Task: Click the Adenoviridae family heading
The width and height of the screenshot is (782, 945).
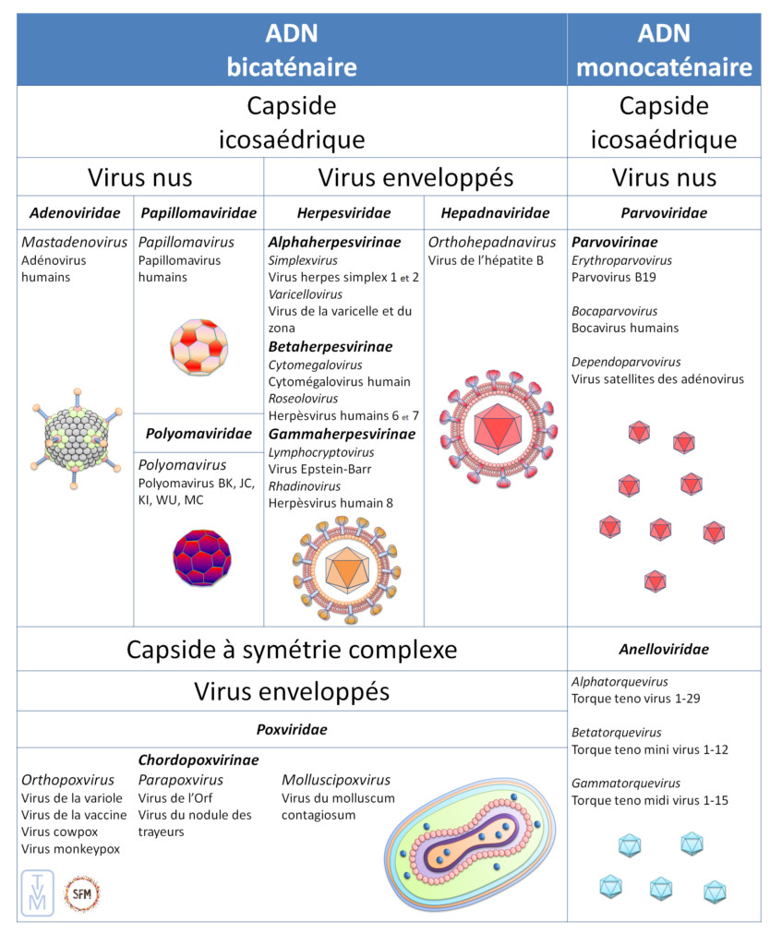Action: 75,213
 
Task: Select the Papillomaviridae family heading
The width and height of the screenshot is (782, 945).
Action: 199,213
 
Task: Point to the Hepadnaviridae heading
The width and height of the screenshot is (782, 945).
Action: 495,213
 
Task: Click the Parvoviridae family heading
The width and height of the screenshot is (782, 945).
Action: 664,213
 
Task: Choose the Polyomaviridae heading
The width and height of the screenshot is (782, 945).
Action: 199,433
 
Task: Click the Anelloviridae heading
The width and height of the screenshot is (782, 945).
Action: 664,649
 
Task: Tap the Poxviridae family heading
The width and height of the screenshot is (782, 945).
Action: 292,729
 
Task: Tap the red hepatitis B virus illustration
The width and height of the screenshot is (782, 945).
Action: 496,428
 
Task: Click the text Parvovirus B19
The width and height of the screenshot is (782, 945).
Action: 612,276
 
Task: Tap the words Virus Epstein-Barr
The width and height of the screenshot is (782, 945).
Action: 319,469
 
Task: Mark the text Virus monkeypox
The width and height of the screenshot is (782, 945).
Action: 70,849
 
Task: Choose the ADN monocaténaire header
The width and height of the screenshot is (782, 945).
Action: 664,51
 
